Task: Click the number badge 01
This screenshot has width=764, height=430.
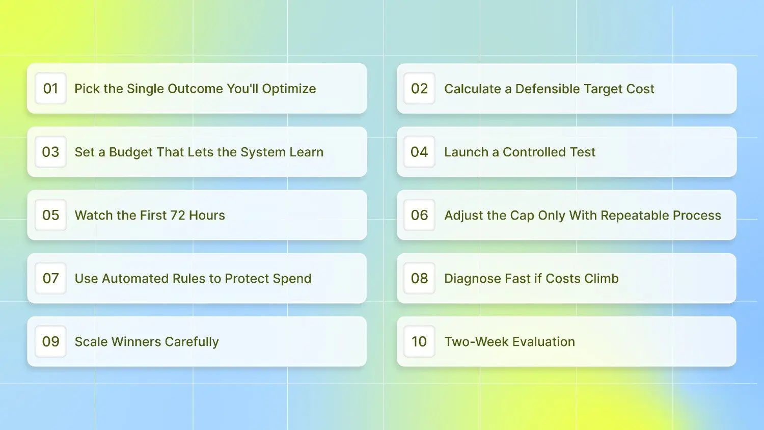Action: tap(50, 88)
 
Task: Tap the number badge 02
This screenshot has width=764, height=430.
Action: tap(419, 88)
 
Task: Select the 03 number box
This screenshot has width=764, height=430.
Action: tap(50, 152)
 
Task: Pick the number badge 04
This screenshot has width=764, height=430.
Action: tap(419, 152)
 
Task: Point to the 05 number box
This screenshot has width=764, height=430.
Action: tap(50, 215)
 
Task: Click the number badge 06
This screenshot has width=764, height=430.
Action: tap(419, 215)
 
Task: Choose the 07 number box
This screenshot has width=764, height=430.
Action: tap(50, 278)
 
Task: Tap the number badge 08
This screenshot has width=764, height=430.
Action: tap(419, 278)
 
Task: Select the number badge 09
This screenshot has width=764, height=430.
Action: tap(50, 341)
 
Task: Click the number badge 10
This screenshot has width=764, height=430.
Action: tap(419, 341)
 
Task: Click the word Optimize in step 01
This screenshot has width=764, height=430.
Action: tap(289, 89)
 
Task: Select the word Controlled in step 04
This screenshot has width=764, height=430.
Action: tap(534, 152)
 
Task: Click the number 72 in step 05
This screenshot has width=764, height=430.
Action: tap(178, 216)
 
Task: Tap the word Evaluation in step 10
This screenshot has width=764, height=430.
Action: tap(543, 342)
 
